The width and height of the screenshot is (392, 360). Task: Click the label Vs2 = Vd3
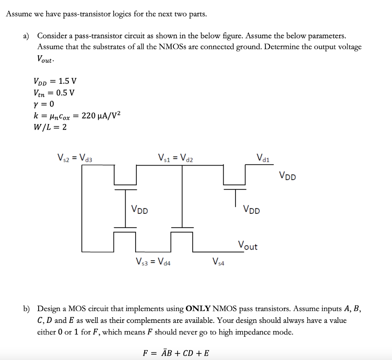75,157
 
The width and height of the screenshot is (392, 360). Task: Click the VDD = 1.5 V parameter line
55,81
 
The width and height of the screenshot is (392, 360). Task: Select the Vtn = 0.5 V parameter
54,93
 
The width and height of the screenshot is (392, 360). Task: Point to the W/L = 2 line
50,127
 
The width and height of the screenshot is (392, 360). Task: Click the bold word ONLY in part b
198,309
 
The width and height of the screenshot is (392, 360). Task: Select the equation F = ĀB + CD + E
176,353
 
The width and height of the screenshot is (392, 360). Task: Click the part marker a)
26,36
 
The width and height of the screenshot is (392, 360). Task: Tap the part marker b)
26,309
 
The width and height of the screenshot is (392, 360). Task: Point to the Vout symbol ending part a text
45,59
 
